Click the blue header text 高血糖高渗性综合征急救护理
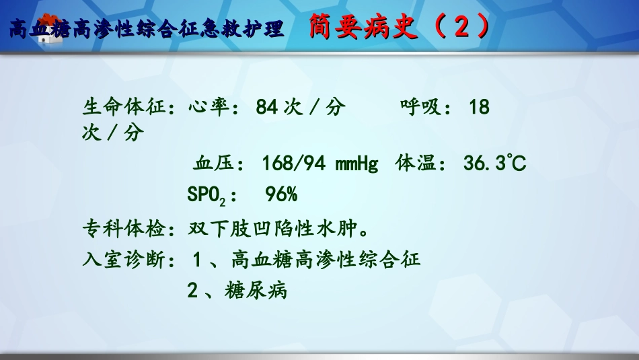[x=148, y=30]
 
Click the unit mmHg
[x=356, y=164]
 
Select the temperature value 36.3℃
[x=494, y=164]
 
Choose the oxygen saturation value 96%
[x=281, y=195]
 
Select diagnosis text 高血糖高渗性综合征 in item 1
[x=326, y=260]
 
